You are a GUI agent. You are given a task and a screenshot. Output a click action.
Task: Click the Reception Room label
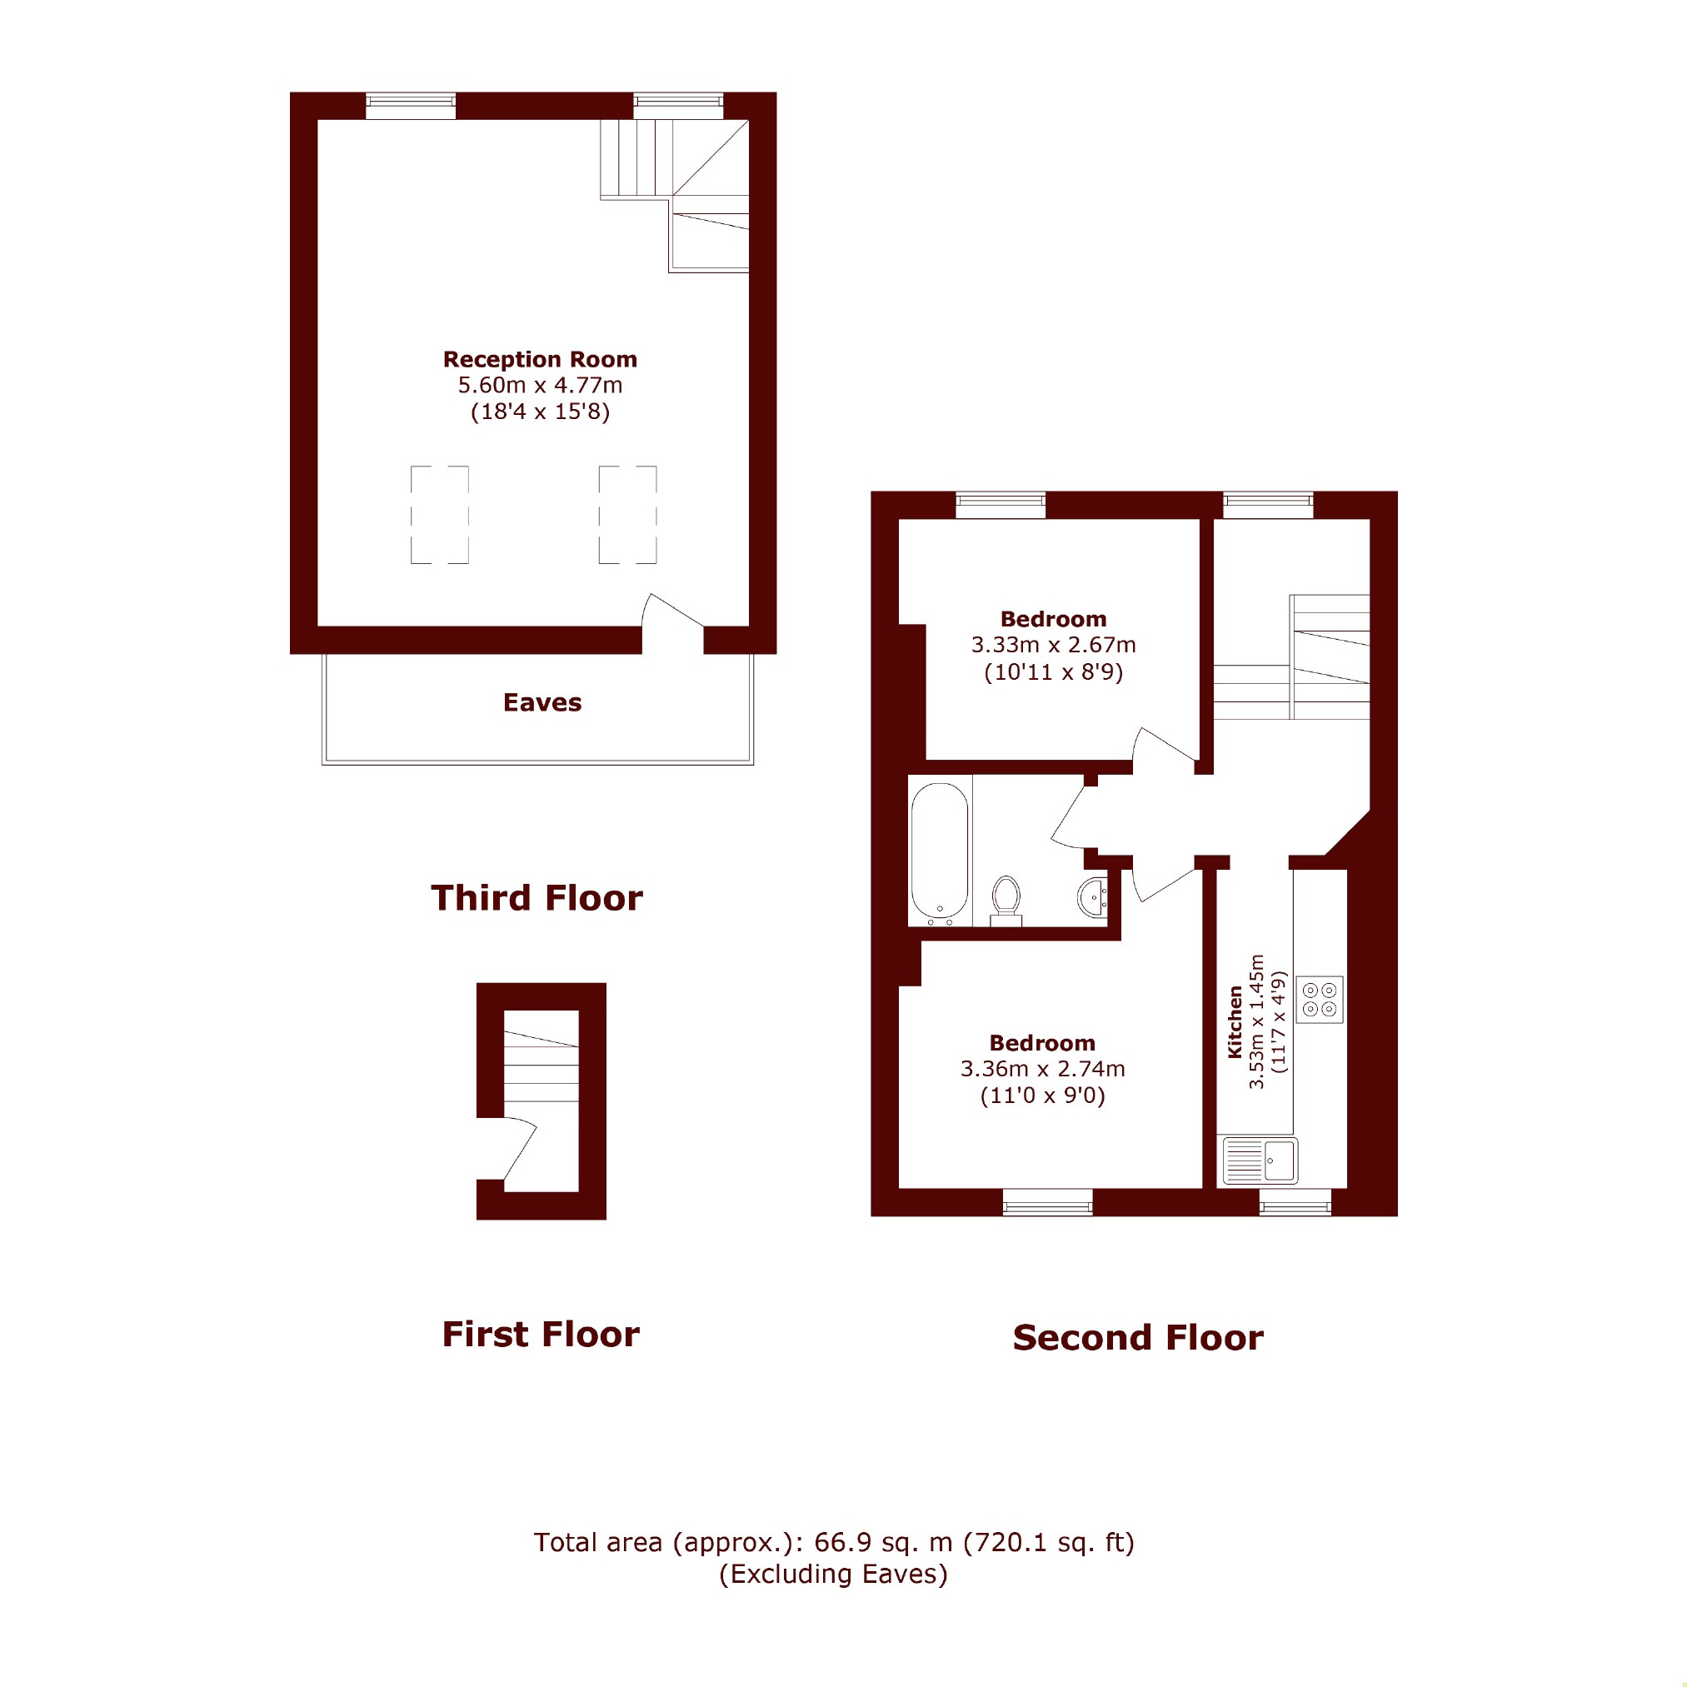[540, 360]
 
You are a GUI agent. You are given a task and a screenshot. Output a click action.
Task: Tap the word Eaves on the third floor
[542, 703]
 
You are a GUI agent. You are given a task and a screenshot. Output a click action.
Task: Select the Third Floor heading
[537, 897]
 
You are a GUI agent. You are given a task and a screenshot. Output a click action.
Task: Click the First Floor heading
[541, 1335]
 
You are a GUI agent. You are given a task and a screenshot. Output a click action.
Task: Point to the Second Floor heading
[1138, 1338]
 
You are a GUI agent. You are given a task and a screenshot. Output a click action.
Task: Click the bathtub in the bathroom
[940, 853]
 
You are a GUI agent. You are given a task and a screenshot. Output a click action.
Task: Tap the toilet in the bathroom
[1006, 901]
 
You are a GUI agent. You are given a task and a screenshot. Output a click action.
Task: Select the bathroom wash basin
[1093, 897]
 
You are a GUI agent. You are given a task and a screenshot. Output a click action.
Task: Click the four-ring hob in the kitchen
[1320, 1000]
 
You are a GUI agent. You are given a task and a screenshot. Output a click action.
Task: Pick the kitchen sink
[1260, 1160]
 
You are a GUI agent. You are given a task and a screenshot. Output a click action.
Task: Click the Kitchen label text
[1235, 1022]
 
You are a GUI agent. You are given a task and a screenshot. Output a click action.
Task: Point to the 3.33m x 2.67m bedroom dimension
[1053, 646]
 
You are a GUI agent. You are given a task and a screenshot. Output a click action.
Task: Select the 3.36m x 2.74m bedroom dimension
[1042, 1069]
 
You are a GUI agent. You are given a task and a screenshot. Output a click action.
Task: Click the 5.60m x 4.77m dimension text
[540, 385]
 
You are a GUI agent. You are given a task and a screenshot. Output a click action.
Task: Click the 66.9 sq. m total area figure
[883, 1543]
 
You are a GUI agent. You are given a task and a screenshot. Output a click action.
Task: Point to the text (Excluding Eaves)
[833, 1574]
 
